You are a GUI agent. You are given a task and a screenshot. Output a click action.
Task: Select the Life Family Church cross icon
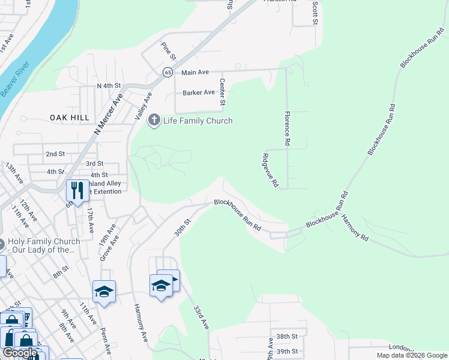click(x=154, y=121)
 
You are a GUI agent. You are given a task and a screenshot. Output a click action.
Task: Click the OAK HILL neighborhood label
click(x=70, y=118)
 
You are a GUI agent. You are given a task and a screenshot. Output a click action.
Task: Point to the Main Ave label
click(x=195, y=72)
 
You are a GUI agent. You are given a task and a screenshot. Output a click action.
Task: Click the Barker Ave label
click(x=199, y=92)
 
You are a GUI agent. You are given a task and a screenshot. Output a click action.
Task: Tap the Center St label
click(x=222, y=92)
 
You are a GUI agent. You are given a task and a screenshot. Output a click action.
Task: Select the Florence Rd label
click(x=288, y=128)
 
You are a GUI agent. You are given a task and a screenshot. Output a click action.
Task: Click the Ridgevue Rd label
click(x=270, y=170)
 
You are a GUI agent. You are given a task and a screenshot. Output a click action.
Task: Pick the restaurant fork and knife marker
click(x=76, y=190)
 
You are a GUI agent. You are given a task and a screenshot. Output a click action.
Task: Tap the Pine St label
click(x=168, y=51)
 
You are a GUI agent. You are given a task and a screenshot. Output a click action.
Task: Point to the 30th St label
click(x=182, y=227)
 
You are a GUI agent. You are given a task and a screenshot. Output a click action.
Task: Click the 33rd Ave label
click(x=200, y=317)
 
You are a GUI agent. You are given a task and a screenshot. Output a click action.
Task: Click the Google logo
click(x=20, y=353)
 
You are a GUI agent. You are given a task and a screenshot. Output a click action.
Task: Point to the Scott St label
click(x=314, y=12)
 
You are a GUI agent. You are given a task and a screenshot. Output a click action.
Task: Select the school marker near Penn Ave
click(x=104, y=292)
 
